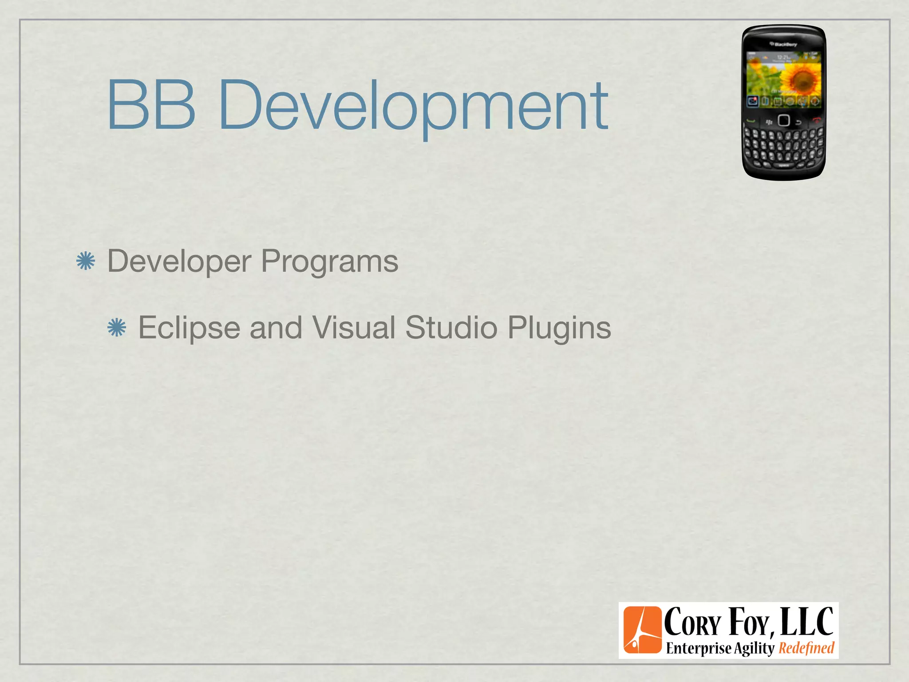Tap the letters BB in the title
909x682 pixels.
click(x=151, y=104)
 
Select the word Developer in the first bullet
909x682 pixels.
click(x=179, y=261)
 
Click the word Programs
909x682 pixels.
click(x=329, y=261)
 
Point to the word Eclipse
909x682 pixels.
click(x=189, y=328)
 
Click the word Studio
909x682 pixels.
click(x=451, y=328)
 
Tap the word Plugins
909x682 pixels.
click(x=559, y=328)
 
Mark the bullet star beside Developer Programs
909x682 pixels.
click(x=85, y=261)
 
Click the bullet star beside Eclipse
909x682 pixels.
click(x=117, y=328)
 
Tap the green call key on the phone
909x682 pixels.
click(x=751, y=121)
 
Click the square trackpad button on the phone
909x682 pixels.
click(x=784, y=120)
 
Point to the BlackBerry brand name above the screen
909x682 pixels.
click(x=784, y=44)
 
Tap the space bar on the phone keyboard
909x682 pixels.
click(x=784, y=165)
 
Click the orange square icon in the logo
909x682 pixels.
click(x=642, y=630)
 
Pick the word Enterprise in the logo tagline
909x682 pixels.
click(x=698, y=648)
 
